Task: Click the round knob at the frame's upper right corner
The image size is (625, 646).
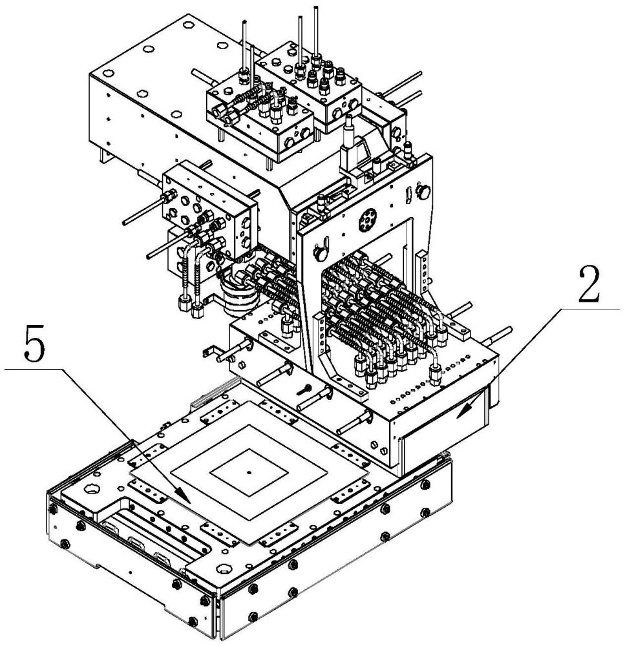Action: tap(424, 191)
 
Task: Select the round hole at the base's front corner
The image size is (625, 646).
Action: tap(226, 572)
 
